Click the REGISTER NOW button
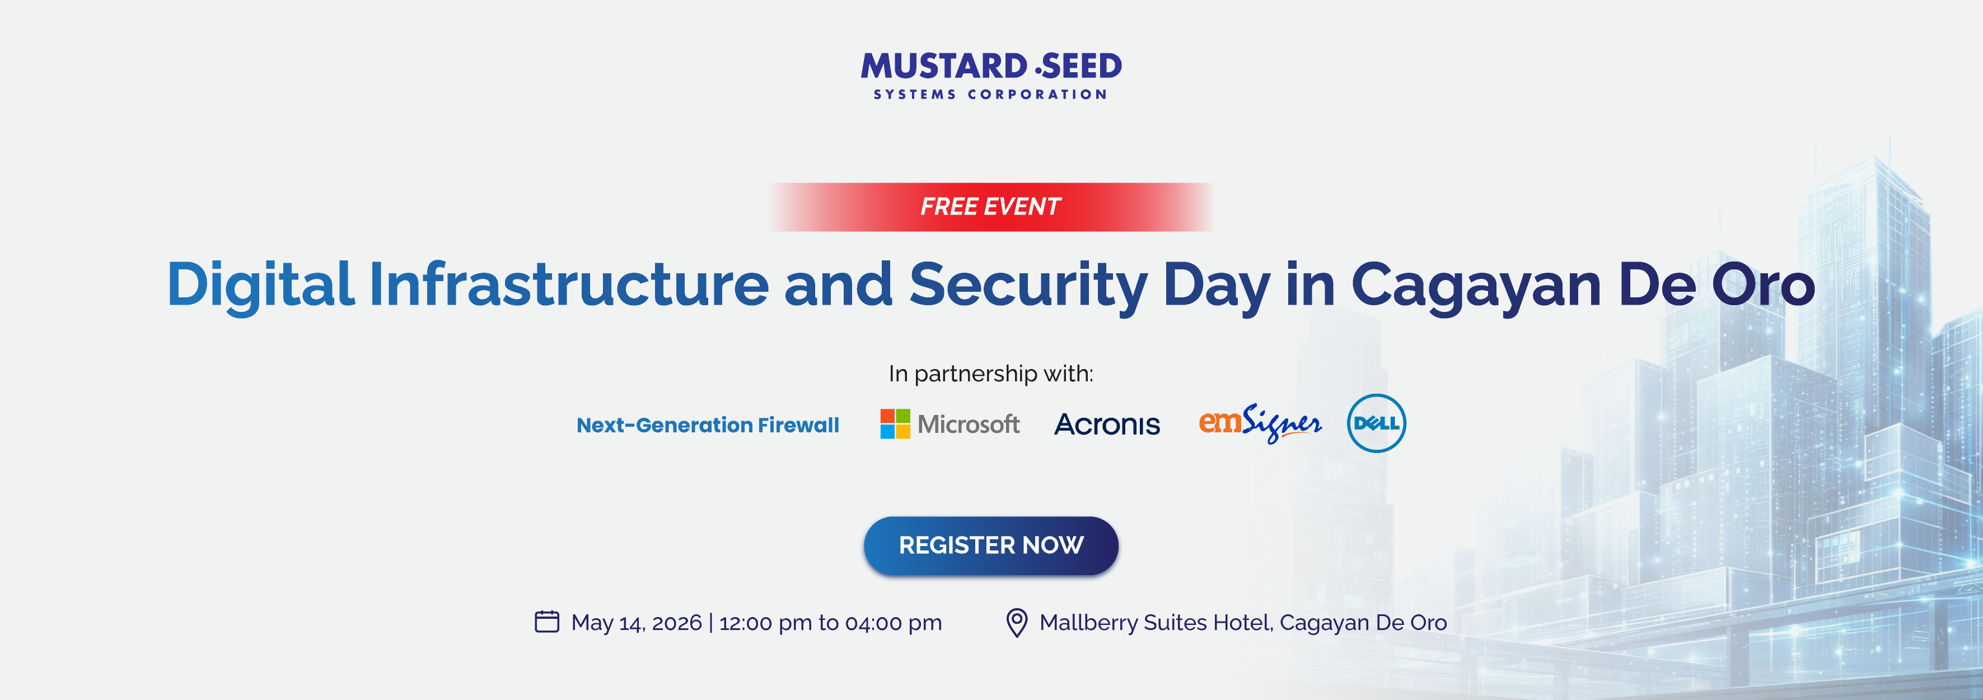point(991,545)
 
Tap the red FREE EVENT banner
point(991,207)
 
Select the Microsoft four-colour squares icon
point(895,423)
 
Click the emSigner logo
point(1260,423)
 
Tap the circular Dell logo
point(1376,423)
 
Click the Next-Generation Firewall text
point(708,425)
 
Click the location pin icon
point(1017,622)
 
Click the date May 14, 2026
point(637,622)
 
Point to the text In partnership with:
point(991,374)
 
